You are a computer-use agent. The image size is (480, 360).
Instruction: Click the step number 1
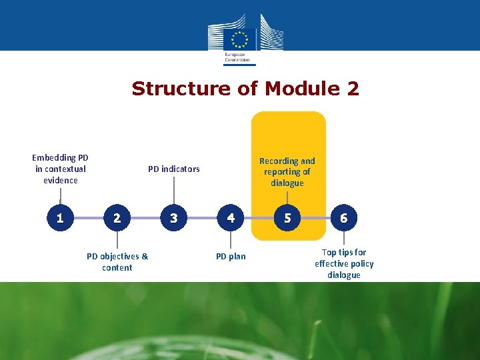tap(60, 218)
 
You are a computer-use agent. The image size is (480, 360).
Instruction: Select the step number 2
tap(117, 218)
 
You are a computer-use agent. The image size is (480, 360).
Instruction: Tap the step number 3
tap(174, 218)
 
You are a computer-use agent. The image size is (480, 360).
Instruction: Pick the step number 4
tap(231, 218)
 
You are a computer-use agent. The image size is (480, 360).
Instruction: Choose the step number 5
tap(287, 218)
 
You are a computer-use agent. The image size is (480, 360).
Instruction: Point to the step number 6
tap(344, 218)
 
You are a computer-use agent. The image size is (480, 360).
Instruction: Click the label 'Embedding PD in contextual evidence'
tap(60, 169)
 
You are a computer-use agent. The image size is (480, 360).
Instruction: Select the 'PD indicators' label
tap(173, 169)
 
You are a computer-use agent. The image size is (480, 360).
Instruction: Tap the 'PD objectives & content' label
tap(117, 261)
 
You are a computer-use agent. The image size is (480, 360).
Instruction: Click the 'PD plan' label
tap(231, 256)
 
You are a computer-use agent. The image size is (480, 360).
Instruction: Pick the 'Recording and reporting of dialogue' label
tap(287, 171)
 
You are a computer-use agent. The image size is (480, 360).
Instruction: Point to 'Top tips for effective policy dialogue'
tap(344, 263)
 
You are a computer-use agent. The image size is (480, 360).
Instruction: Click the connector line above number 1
tap(60, 197)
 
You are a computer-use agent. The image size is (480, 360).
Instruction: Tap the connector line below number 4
tap(231, 240)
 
